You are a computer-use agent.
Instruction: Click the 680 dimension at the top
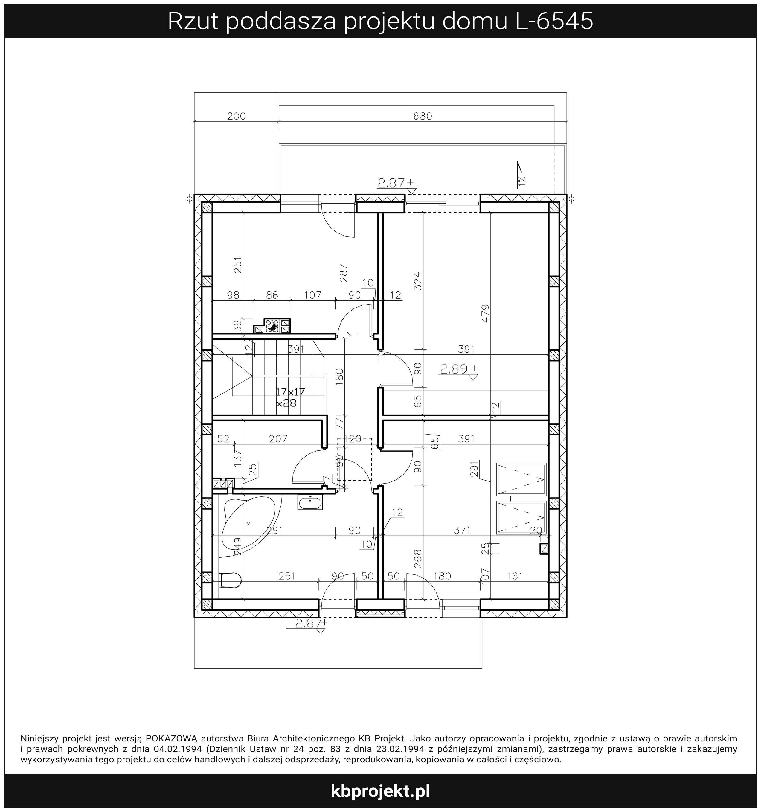coord(422,117)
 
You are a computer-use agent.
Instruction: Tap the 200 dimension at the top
coord(237,117)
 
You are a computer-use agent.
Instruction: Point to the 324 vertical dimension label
coord(418,281)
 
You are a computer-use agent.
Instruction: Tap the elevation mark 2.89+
coord(458,369)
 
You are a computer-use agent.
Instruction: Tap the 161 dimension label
coord(515,576)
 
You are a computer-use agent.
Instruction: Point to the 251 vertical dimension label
coord(238,265)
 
